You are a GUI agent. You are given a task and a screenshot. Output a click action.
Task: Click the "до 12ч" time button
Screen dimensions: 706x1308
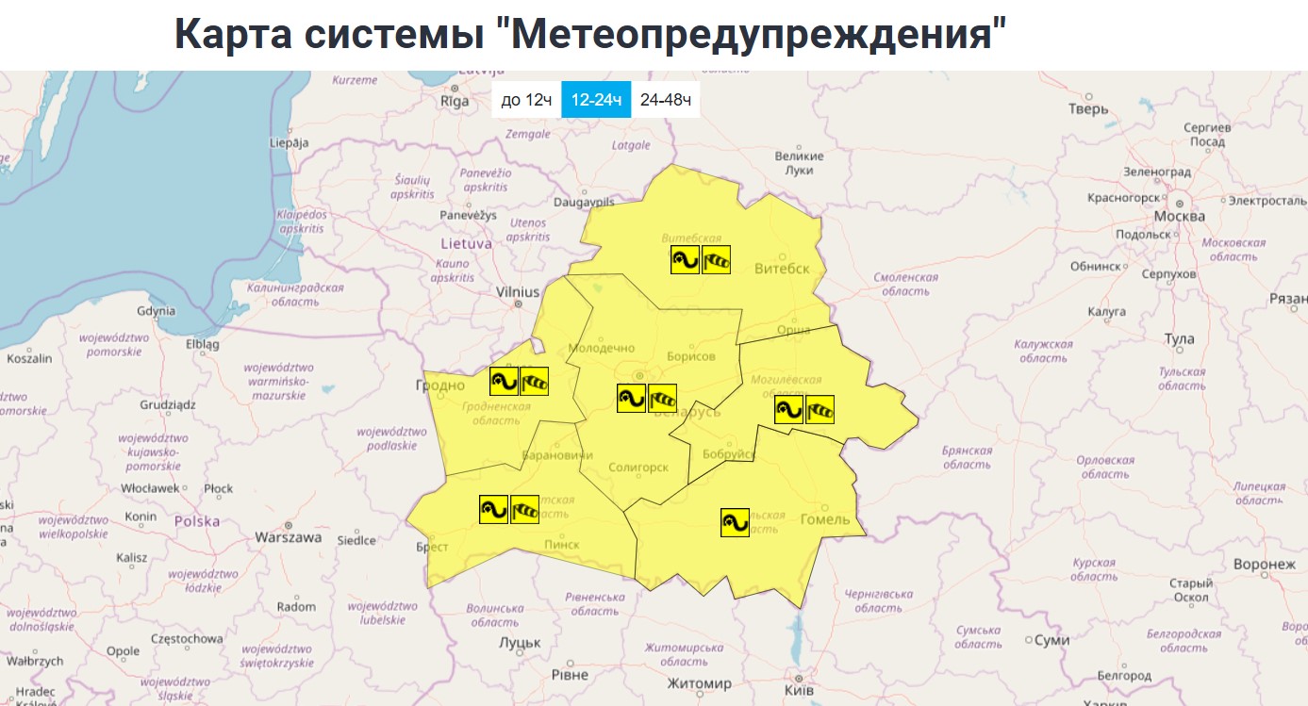526,100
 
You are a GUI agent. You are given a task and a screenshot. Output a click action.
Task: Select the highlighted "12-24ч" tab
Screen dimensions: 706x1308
596,100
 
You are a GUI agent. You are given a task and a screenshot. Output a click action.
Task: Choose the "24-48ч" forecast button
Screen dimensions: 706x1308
666,100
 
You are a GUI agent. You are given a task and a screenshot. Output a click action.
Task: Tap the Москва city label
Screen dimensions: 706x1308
1180,216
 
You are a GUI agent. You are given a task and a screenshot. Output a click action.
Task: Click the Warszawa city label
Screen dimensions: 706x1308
289,537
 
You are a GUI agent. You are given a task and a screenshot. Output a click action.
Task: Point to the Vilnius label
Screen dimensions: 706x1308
518,292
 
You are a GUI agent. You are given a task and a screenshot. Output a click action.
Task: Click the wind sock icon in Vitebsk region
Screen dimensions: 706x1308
717,260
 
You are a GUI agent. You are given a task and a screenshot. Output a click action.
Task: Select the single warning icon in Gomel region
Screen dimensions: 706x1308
735,522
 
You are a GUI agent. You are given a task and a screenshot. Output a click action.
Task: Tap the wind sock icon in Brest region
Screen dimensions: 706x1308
524,509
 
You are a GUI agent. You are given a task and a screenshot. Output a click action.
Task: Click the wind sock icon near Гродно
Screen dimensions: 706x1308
535,381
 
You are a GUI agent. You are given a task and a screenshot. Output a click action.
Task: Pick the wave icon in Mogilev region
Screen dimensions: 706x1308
788,409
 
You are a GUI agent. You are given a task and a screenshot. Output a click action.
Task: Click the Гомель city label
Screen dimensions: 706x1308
824,519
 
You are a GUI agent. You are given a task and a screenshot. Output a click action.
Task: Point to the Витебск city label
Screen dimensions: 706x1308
782,269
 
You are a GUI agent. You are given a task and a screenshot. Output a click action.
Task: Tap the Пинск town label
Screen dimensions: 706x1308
562,545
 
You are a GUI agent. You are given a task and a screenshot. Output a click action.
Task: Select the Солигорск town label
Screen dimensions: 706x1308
638,468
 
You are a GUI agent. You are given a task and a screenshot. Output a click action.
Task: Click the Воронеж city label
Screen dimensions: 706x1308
1265,565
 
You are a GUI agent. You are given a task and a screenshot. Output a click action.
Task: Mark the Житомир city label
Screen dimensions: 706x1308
699,683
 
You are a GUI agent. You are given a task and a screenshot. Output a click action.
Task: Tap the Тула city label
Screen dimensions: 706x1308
1179,338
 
